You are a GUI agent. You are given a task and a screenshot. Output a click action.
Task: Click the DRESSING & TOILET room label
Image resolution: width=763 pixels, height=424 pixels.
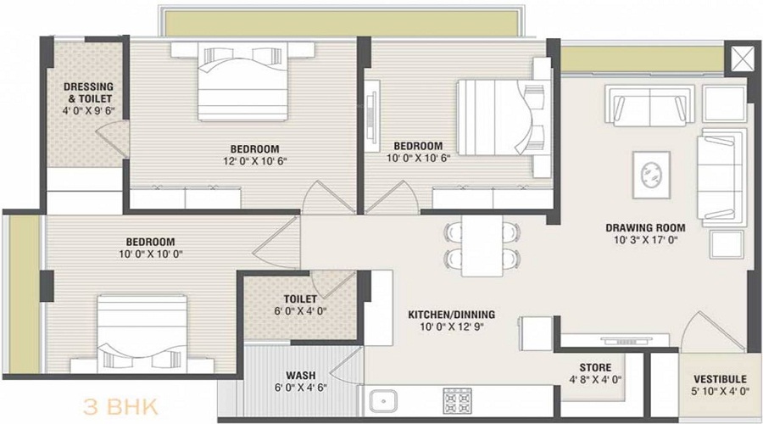[88, 92]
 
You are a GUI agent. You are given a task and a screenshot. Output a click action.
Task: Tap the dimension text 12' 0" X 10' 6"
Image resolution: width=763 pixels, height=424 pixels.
[254, 160]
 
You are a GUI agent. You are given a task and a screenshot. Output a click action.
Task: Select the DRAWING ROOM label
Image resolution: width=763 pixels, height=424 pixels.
[645, 227]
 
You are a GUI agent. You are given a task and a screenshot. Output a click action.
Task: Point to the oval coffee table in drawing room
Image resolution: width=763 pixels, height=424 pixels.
[651, 175]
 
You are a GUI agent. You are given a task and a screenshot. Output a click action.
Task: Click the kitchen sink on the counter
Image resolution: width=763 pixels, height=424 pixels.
[382, 402]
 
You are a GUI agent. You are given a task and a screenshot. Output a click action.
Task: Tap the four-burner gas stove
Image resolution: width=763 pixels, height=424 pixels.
[458, 400]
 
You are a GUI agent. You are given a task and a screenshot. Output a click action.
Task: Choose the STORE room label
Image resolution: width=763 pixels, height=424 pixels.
[595, 367]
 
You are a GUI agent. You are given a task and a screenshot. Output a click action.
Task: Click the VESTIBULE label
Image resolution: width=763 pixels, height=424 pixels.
[720, 379]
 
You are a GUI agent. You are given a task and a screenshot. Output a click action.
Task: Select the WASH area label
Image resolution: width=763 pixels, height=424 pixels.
[300, 376]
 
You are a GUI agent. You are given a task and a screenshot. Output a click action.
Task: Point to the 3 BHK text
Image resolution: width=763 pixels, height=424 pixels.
[120, 407]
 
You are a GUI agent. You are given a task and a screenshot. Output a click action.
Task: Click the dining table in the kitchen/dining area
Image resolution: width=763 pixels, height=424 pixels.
[482, 245]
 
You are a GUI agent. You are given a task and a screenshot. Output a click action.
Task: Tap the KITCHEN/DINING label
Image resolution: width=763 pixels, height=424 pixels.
[451, 315]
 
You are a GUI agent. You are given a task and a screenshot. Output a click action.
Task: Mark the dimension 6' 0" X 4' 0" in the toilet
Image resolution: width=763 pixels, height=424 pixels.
[300, 310]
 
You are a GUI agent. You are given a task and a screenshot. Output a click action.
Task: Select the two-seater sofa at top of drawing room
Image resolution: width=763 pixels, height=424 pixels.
[650, 105]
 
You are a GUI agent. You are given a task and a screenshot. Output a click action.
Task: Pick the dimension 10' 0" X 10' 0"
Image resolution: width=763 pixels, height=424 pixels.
[150, 254]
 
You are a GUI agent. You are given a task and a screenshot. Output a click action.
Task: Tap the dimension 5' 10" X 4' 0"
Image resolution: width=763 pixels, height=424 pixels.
[720, 391]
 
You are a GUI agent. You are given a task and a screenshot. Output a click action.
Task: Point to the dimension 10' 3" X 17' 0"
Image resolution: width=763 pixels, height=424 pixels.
[645, 239]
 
